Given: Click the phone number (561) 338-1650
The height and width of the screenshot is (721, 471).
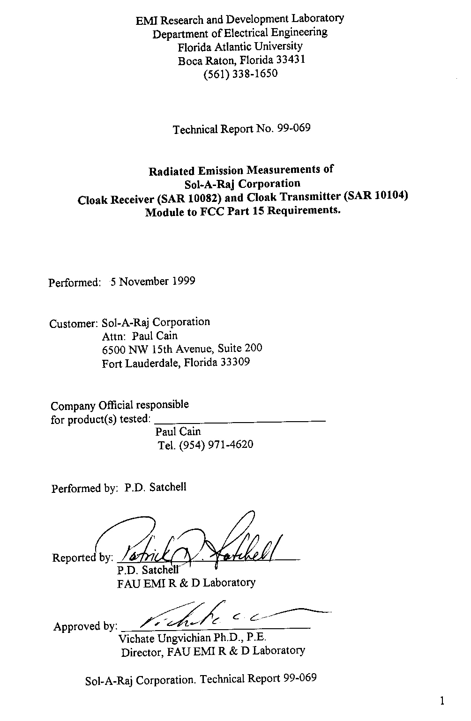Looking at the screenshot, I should (x=240, y=74).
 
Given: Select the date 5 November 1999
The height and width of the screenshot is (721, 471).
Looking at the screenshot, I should (x=153, y=282).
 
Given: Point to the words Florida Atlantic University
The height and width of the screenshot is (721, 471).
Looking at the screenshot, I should (x=240, y=47).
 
